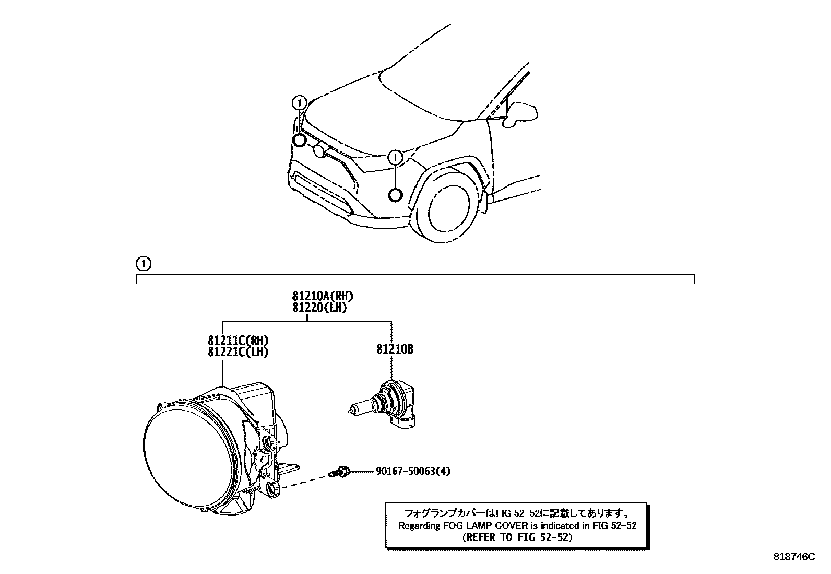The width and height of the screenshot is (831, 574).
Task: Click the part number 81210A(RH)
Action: coord(323,297)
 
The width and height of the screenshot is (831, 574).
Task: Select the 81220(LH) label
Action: coord(319,308)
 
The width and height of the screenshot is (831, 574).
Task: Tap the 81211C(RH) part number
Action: coord(239,341)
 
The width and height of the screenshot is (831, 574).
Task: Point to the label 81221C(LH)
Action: coord(239,352)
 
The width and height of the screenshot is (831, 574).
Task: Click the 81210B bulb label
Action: coord(395,349)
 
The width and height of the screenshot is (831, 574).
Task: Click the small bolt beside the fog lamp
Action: coord(340,472)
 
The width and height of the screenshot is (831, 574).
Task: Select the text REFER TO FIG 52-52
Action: coord(517,536)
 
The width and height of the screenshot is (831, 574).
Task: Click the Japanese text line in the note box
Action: coord(517,513)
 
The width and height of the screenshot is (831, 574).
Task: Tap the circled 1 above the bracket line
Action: coord(143,263)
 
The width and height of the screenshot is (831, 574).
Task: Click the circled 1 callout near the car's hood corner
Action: coord(299,102)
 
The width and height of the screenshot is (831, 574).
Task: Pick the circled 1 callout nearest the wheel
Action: coord(396,157)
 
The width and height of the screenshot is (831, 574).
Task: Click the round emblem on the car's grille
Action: coord(319,151)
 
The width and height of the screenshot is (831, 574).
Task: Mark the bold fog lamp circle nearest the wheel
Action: coord(396,195)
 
